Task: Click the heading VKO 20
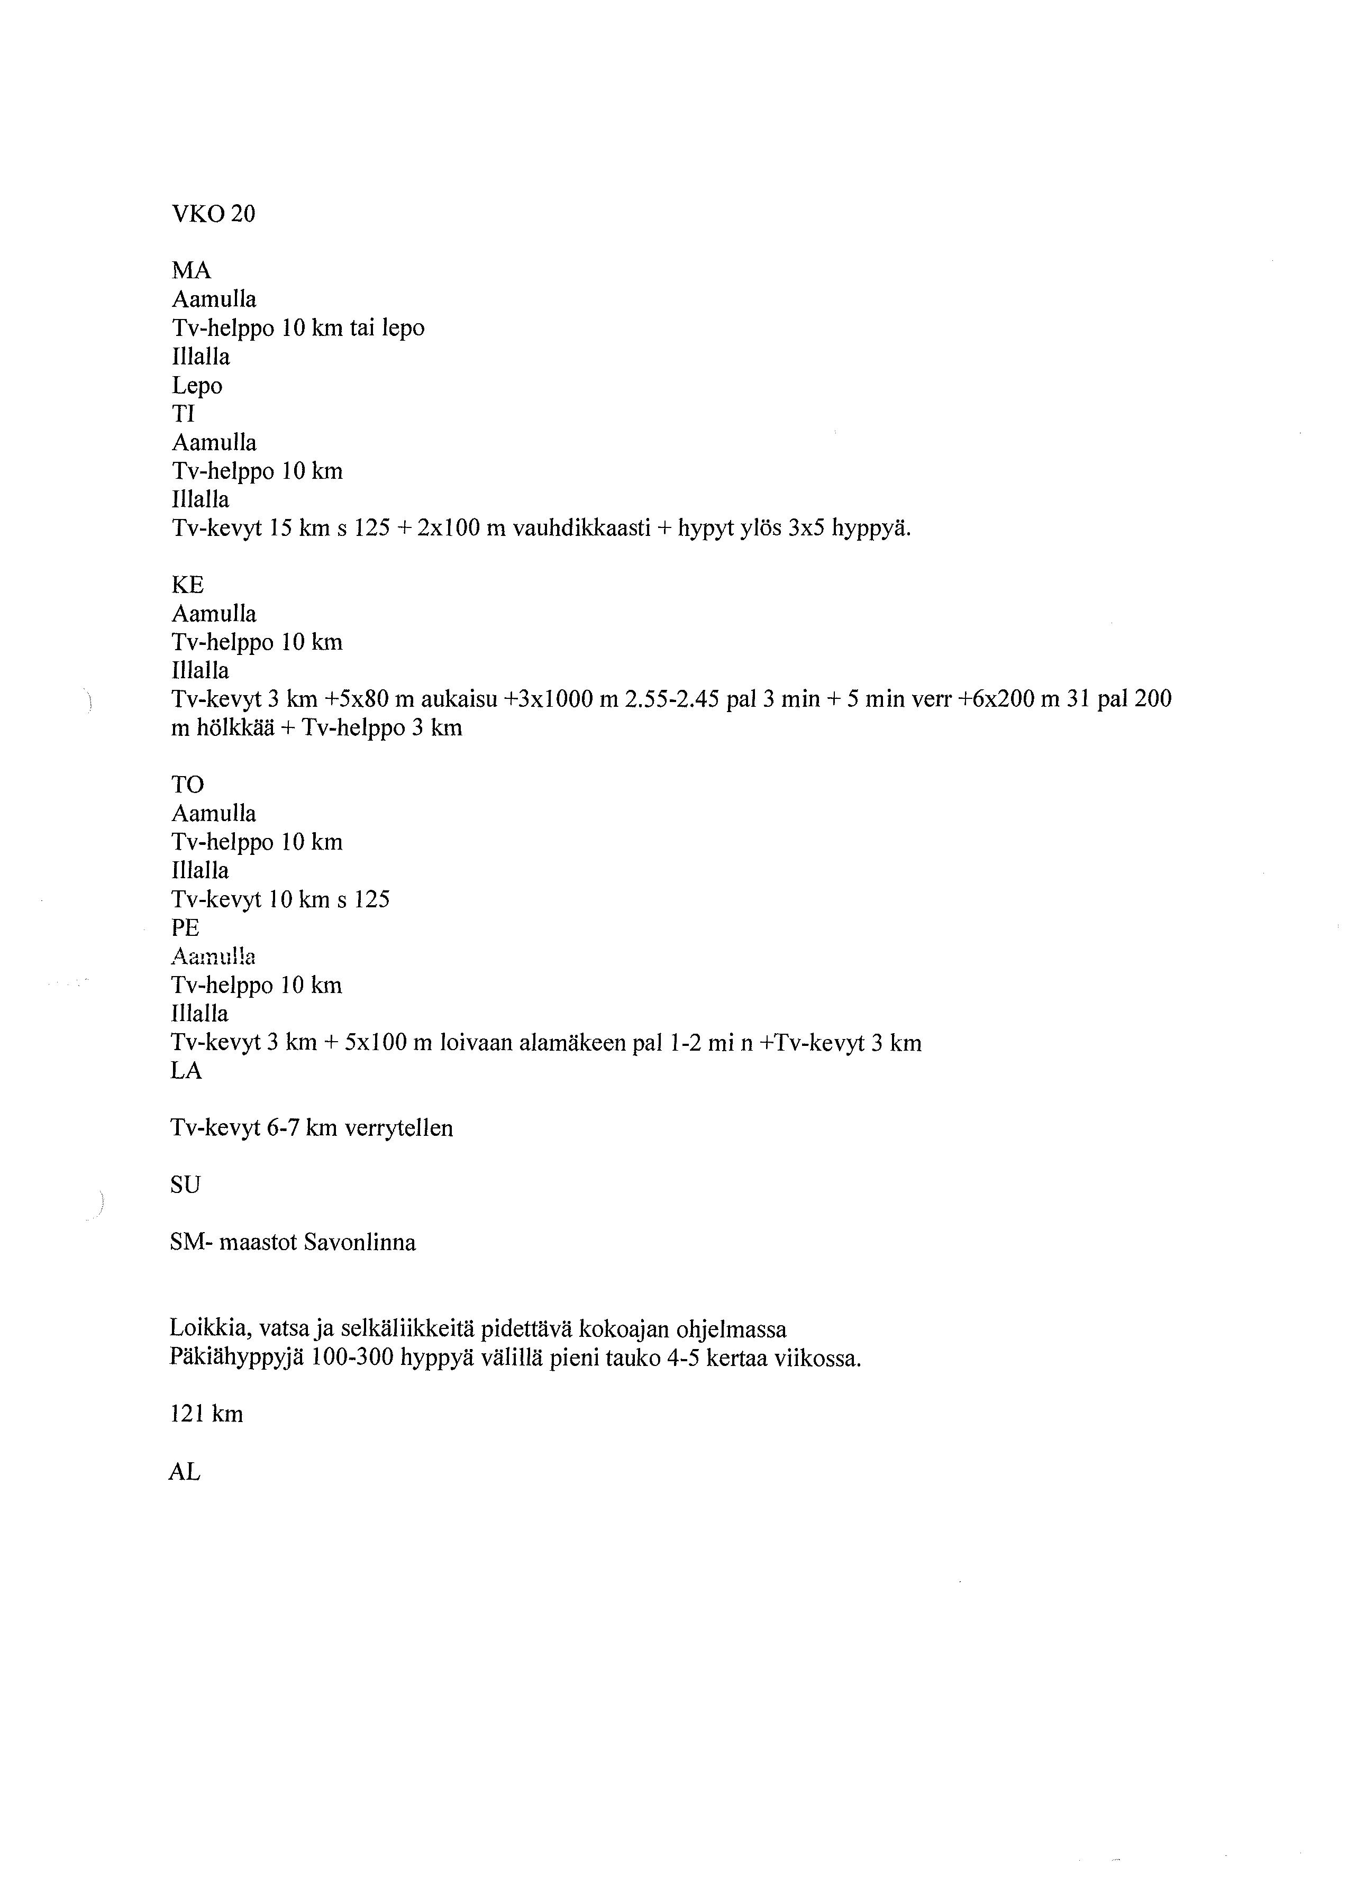coord(213,215)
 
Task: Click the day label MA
coord(192,271)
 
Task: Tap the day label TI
coord(183,414)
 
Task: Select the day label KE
coord(187,585)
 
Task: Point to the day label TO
coord(187,785)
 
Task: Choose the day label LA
coord(186,1071)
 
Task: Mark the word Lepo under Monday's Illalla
coord(197,386)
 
